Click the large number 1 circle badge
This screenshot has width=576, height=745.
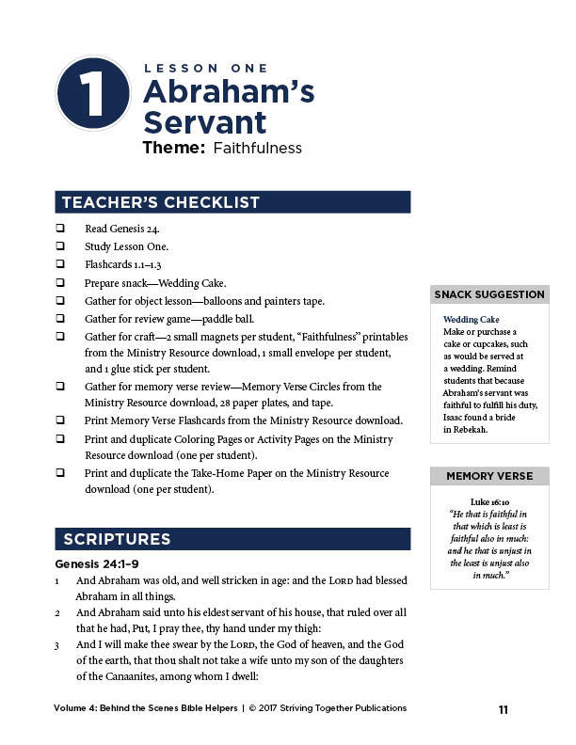[x=91, y=92]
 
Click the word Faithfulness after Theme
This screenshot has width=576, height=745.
[x=257, y=148]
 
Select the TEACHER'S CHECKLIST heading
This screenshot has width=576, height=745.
[x=161, y=202]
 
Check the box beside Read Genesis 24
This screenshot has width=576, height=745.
[x=60, y=229]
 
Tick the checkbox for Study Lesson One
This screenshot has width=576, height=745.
[x=60, y=246]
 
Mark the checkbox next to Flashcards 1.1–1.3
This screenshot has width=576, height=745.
[x=60, y=264]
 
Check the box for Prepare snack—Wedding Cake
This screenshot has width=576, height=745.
[x=60, y=282]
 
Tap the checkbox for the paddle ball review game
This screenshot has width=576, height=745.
[x=60, y=318]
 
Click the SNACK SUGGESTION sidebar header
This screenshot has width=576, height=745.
[x=488, y=294]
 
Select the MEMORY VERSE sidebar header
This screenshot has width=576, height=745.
[x=488, y=476]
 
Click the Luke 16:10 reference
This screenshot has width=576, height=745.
[x=488, y=501]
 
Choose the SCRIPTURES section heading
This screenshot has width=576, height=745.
[x=117, y=539]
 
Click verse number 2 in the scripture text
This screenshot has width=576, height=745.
[x=56, y=612]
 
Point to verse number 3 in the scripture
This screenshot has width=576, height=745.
[x=56, y=644]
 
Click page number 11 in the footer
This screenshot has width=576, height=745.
[x=504, y=709]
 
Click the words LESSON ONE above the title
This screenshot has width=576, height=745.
[x=206, y=68]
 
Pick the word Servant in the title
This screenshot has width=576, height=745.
[x=204, y=122]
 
